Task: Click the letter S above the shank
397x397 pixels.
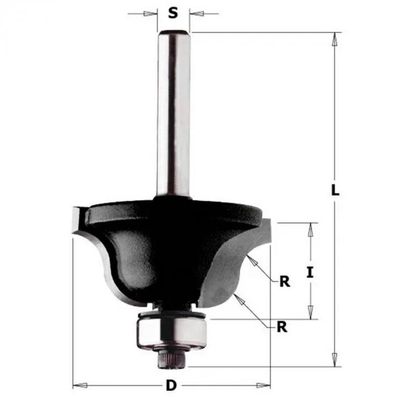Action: point(173,12)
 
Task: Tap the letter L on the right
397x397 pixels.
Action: point(335,190)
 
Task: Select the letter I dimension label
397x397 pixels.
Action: point(310,272)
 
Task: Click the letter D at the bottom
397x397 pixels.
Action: point(171,386)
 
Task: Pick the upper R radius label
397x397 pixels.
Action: point(285,281)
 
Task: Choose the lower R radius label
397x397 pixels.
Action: point(282,327)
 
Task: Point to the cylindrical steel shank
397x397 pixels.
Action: point(174,114)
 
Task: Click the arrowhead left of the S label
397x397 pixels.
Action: point(150,14)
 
